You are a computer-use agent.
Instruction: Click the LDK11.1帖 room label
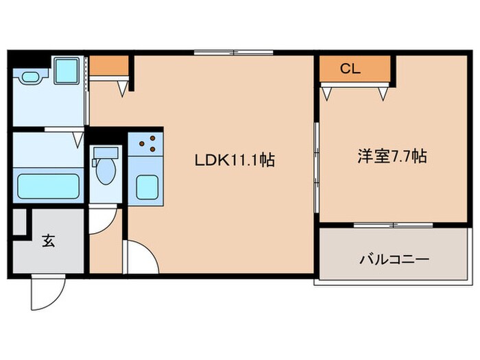235,161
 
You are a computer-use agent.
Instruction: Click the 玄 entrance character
49,241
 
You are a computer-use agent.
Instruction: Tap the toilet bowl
105,173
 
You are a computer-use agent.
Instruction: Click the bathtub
49,186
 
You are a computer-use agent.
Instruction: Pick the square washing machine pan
67,69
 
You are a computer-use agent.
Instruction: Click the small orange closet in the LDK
109,65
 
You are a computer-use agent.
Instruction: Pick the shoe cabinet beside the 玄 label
20,221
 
